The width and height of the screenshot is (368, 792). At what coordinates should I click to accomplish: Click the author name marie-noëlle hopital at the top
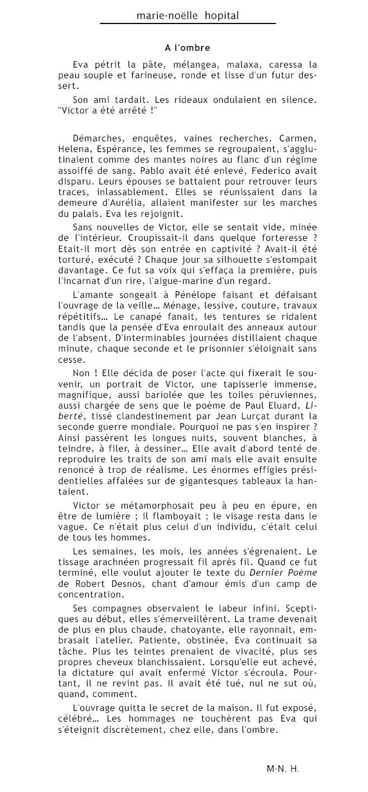click(x=188, y=16)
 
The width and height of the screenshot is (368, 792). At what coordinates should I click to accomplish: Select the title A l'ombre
click(x=187, y=48)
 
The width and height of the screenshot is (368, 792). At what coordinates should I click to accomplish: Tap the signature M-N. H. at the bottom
click(x=283, y=769)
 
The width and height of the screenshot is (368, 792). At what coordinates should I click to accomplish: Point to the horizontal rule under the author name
click(x=188, y=23)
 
